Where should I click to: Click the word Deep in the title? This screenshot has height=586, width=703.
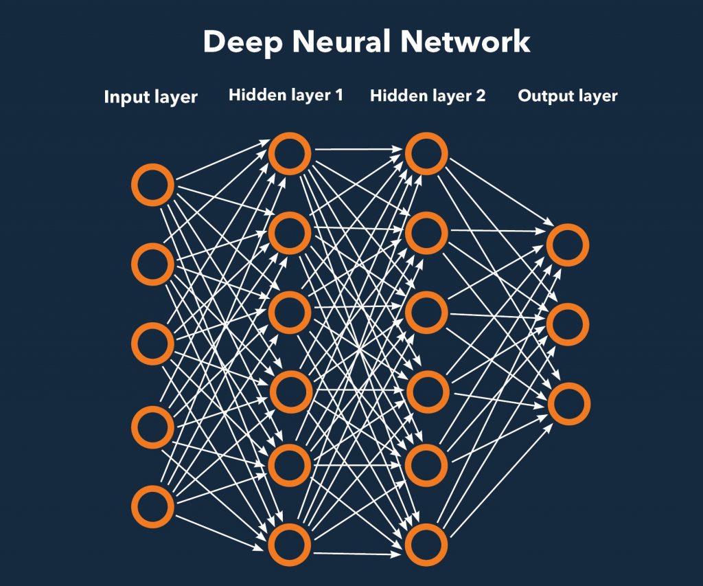244,43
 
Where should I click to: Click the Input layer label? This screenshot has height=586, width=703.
150,97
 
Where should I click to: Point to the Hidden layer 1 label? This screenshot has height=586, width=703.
286,95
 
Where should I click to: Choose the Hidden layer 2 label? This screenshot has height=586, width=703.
427,95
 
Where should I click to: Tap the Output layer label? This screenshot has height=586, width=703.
567,95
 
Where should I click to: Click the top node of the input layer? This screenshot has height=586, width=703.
152,185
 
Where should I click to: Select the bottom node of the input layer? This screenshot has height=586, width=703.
152,506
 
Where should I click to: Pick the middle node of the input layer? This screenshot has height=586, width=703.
152,344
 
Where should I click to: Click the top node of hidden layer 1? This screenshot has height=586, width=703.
290,153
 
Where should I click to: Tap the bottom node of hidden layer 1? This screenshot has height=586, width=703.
290,545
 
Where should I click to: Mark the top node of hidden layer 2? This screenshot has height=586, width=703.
426,153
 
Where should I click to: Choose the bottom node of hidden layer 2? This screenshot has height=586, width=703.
426,545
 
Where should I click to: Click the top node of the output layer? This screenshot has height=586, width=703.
568,245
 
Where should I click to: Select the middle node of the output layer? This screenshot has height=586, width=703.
568,324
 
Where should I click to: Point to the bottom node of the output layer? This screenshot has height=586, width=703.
568,403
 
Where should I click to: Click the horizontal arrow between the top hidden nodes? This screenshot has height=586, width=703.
358,148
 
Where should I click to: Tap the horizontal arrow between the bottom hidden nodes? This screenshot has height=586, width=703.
358,552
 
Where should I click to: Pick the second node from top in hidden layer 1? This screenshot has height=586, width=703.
290,232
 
